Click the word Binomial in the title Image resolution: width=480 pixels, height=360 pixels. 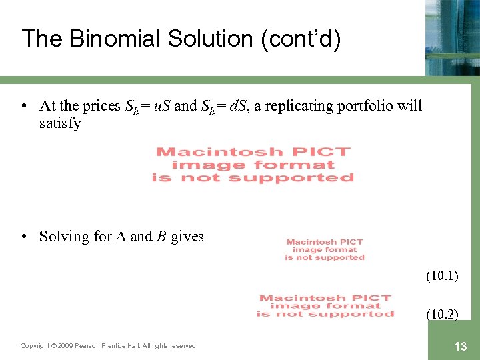pyautogui.click(x=101, y=39)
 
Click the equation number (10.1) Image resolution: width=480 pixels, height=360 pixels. pyautogui.click(x=442, y=275)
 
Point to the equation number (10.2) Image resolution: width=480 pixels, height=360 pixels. pyautogui.click(x=442, y=314)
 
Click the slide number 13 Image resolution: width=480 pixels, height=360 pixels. pyautogui.click(x=460, y=346)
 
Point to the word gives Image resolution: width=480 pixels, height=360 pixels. pyautogui.click(x=187, y=236)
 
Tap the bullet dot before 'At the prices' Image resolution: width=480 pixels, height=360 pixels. pyautogui.click(x=24, y=105)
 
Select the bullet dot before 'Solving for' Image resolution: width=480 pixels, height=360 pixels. pyautogui.click(x=24, y=236)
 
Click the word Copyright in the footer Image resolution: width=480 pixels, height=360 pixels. pyautogui.click(x=35, y=346)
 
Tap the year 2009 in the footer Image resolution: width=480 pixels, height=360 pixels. pyautogui.click(x=65, y=346)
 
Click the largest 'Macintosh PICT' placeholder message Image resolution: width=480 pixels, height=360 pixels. pyautogui.click(x=253, y=165)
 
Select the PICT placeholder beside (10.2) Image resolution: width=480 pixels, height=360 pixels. pyautogui.click(x=325, y=306)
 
